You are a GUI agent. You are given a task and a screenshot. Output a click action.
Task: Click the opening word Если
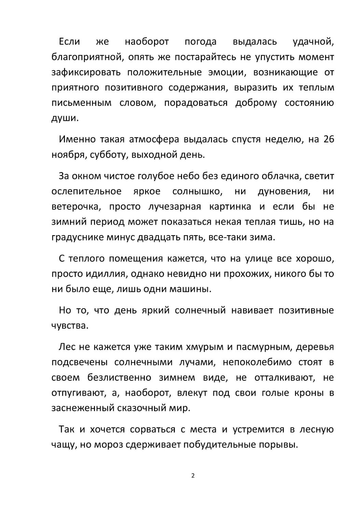coord(69,42)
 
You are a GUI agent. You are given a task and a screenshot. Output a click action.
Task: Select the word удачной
coord(313,42)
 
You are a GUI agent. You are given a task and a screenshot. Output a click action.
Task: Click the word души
coord(64,118)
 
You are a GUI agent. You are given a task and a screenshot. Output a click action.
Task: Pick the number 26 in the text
coord(328,139)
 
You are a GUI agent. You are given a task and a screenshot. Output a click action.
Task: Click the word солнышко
coord(197,191)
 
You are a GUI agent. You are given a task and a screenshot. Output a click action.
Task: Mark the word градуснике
coord(77,237)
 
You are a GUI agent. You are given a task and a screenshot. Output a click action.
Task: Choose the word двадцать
coord(157,237)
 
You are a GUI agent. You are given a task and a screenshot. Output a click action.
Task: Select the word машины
coord(194,289)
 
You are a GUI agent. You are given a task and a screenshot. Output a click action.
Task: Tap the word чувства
coord(70,326)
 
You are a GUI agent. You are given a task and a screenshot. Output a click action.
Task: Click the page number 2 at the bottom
coord(193,476)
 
